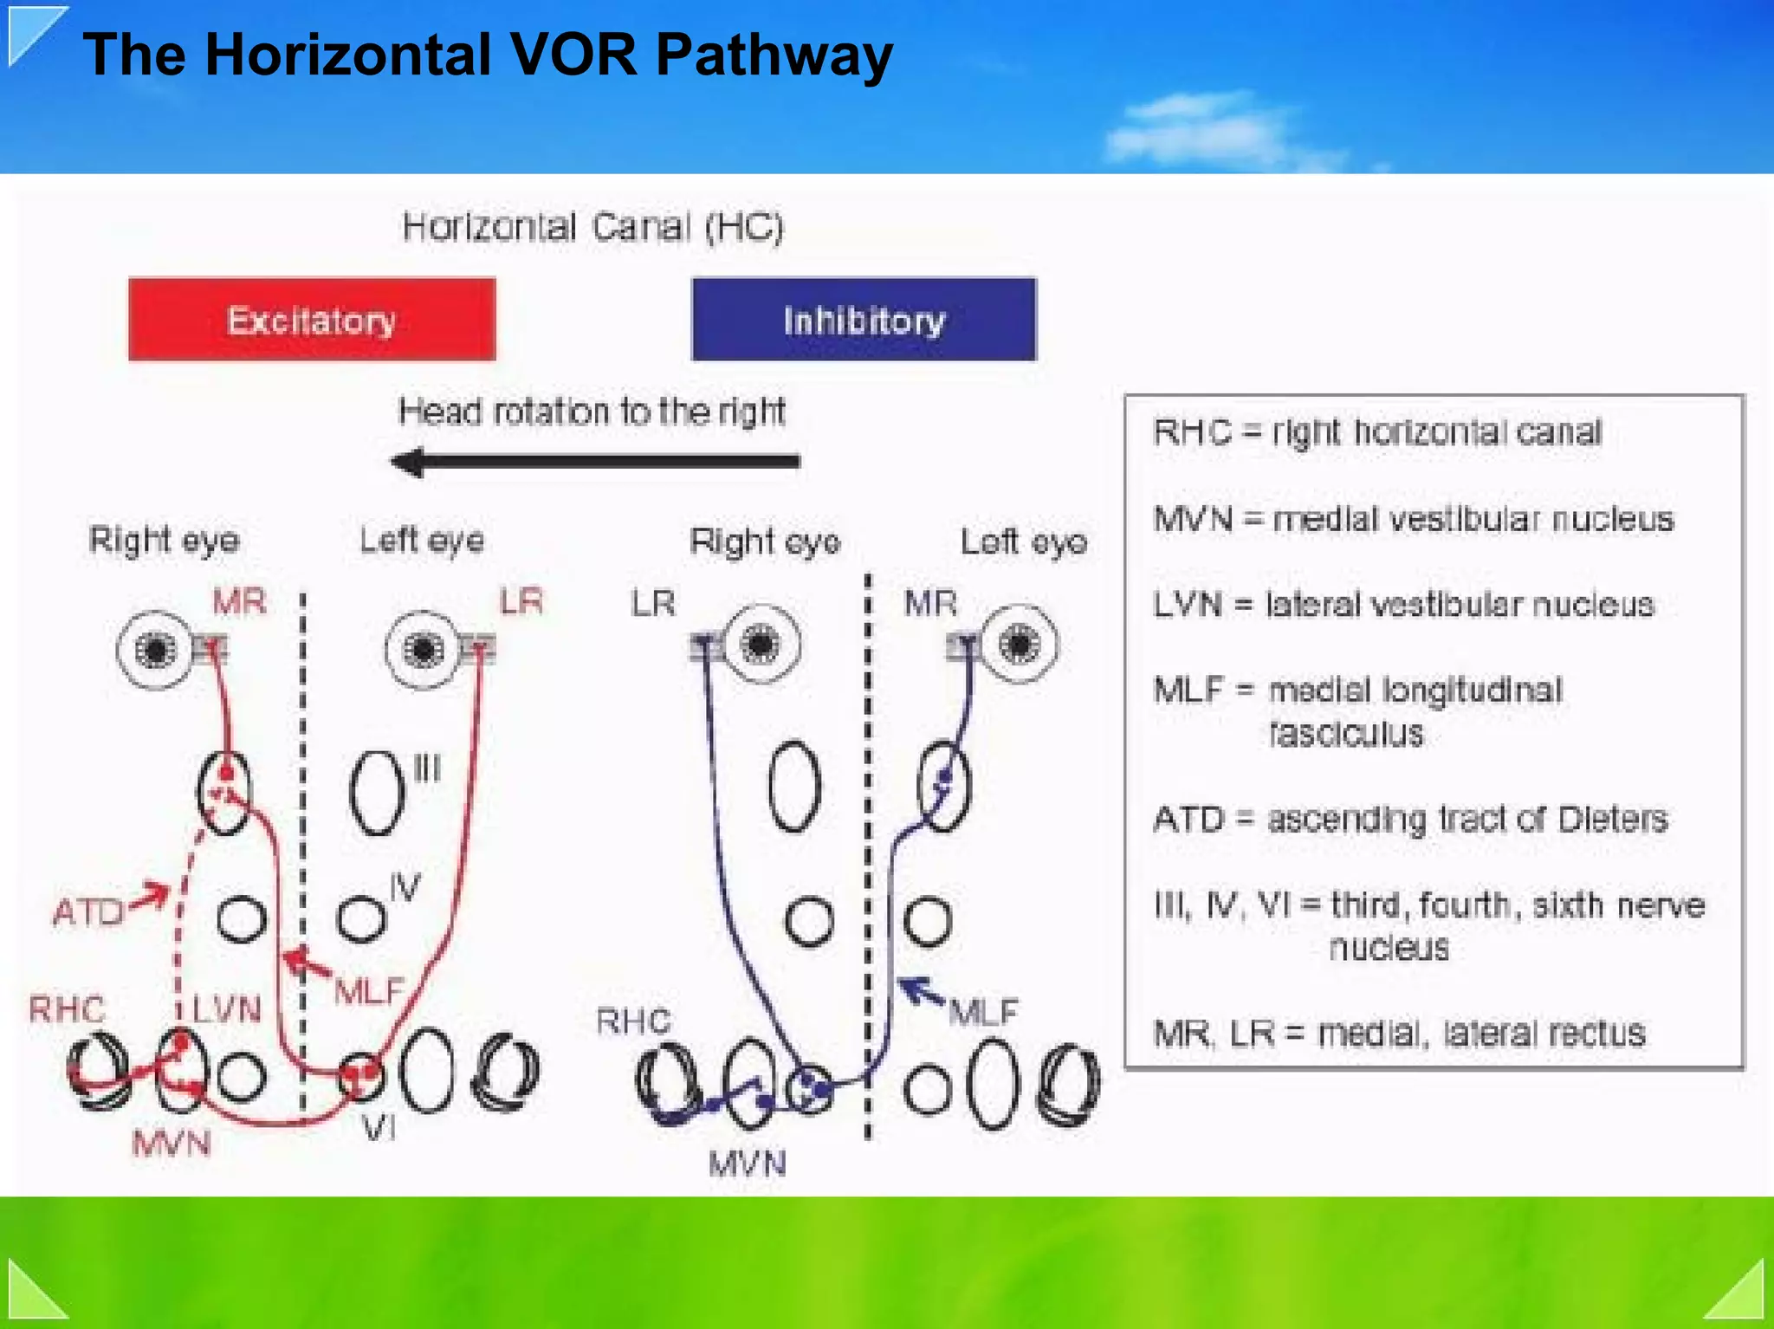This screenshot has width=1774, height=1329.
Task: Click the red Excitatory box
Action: (312, 319)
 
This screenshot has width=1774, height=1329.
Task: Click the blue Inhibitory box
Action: (864, 319)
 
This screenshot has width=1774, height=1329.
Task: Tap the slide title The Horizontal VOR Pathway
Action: (487, 55)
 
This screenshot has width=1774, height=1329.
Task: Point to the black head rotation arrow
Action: (594, 462)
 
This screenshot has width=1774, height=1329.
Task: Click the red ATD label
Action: (88, 912)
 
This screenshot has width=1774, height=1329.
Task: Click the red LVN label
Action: (226, 1009)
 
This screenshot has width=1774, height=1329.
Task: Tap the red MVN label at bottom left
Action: (172, 1144)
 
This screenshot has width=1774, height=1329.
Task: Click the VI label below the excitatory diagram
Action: (379, 1128)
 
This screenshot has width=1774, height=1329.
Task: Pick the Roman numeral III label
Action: (427, 768)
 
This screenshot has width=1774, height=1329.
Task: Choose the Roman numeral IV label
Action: (405, 887)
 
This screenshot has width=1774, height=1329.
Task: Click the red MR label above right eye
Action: (239, 601)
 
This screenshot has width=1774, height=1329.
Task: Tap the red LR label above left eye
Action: (521, 601)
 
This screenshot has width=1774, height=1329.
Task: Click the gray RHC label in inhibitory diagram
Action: (633, 1021)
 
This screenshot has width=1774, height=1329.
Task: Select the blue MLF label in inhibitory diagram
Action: (984, 1011)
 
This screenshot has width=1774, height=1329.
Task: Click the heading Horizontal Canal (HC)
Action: (592, 227)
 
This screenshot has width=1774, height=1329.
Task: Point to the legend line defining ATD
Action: (1410, 819)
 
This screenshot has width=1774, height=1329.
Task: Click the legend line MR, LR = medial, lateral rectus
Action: (1399, 1033)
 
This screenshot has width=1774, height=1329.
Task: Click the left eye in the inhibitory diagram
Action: (1019, 644)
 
